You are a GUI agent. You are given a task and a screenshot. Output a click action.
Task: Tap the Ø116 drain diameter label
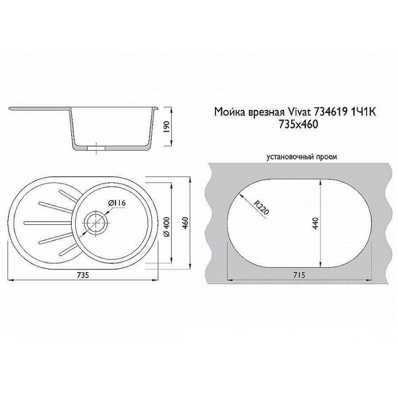(x=117, y=203)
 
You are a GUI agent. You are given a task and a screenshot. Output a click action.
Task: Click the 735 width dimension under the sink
(x=83, y=275)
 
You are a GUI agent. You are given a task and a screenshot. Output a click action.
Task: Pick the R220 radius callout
(x=261, y=207)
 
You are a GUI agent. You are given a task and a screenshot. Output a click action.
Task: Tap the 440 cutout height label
(x=315, y=223)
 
